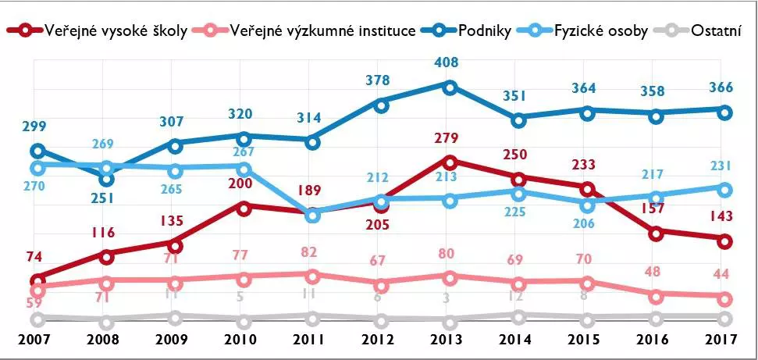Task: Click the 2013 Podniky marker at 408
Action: click(450, 87)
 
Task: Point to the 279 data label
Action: click(450, 139)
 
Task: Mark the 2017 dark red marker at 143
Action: click(725, 241)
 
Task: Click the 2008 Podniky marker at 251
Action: click(105, 179)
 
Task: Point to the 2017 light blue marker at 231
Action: click(725, 189)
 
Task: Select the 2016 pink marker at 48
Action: click(657, 295)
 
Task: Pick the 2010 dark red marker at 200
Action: click(244, 208)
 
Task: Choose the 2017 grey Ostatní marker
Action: click(725, 318)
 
